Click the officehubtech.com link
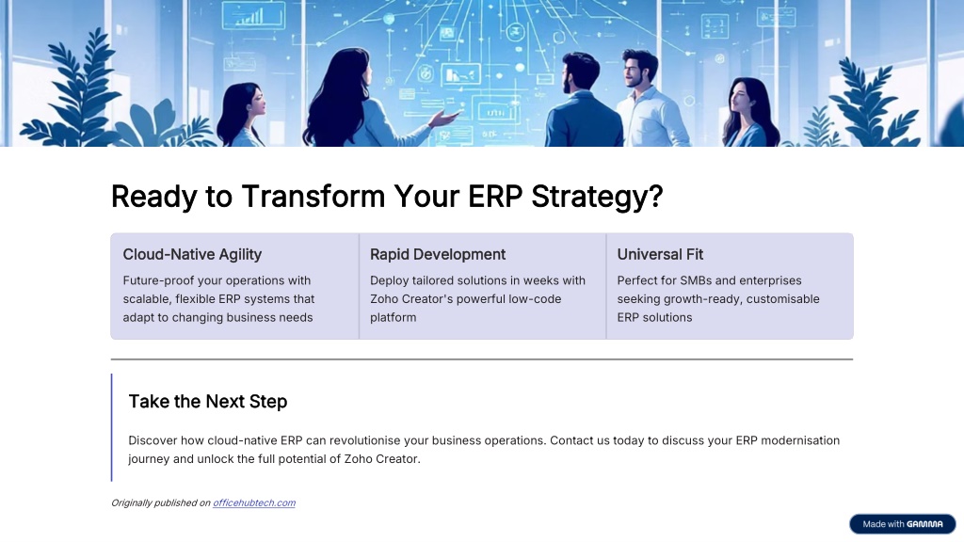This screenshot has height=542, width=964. (x=254, y=502)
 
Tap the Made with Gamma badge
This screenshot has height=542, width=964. (x=902, y=524)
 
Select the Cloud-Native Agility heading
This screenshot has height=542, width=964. (x=192, y=254)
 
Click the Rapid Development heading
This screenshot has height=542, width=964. (x=438, y=254)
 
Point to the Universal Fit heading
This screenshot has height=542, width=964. (x=660, y=254)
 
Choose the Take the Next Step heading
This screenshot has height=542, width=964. (x=208, y=401)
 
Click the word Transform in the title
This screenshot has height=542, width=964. (x=313, y=197)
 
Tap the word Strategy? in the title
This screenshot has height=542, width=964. (x=597, y=198)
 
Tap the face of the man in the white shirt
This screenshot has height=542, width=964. (x=635, y=72)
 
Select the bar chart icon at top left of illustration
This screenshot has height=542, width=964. (x=252, y=17)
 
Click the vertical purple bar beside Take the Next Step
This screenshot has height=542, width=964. (x=112, y=427)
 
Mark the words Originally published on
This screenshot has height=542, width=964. (x=160, y=502)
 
